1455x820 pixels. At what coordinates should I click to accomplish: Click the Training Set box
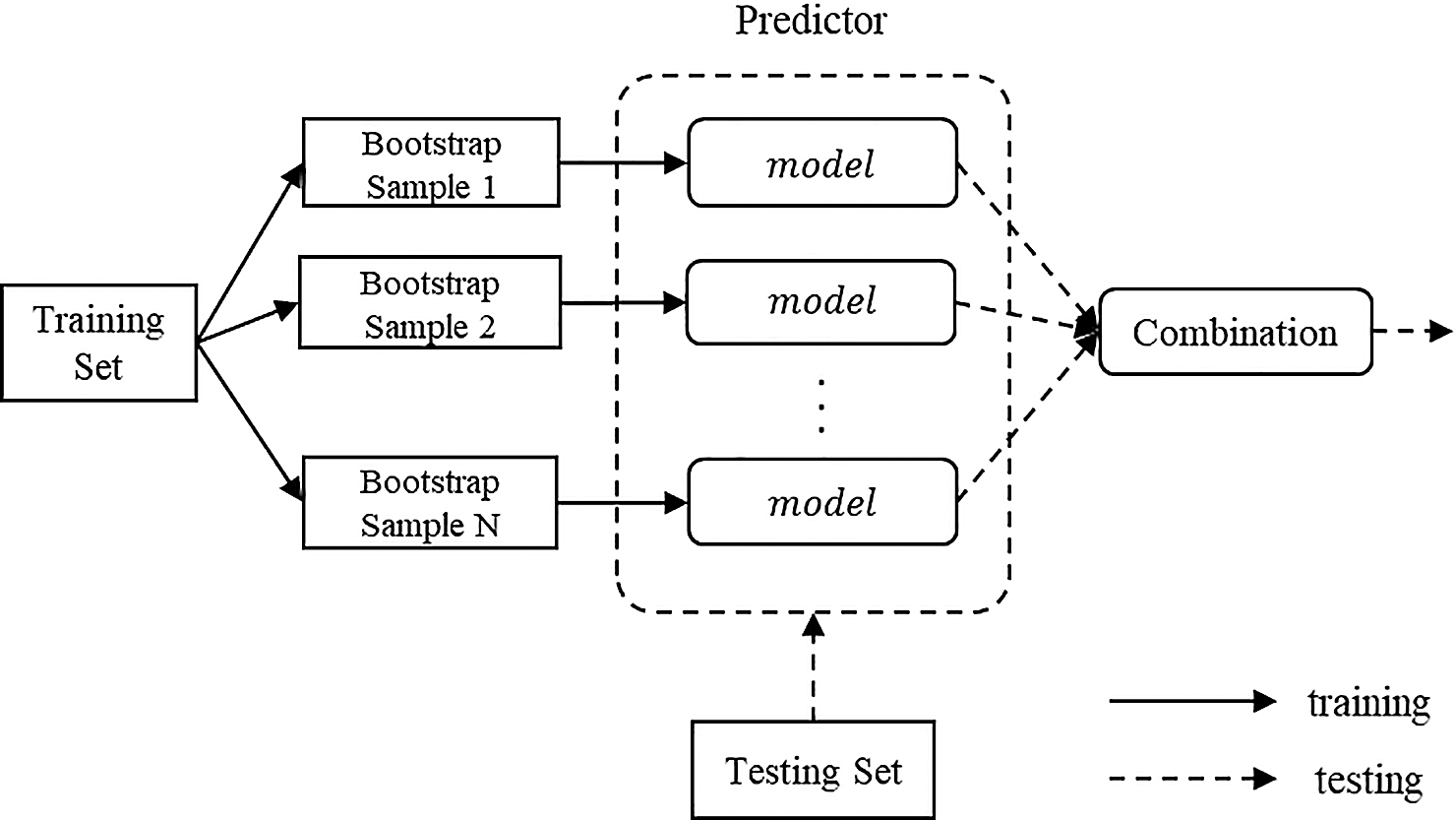tap(98, 343)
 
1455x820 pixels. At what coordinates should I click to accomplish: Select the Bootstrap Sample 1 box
tap(431, 163)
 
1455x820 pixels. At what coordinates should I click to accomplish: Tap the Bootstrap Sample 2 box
tap(430, 303)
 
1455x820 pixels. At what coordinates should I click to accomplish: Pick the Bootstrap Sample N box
tap(430, 502)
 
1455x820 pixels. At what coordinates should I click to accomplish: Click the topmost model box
tap(821, 163)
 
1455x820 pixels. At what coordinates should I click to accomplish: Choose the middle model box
tap(821, 301)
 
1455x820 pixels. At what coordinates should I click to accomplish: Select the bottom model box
tap(821, 502)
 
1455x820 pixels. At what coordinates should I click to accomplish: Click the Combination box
tap(1235, 332)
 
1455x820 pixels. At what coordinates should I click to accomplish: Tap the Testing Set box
tap(813, 770)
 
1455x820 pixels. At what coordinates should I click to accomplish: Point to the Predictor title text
tap(811, 20)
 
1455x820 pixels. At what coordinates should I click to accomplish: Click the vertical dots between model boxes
tap(821, 405)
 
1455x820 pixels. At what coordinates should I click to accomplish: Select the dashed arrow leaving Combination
tap(1412, 332)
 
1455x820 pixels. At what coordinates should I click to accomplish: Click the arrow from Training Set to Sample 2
tap(247, 323)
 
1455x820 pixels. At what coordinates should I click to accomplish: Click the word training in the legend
tap(1368, 703)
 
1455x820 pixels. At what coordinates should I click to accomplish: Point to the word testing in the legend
tap(1368, 781)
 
